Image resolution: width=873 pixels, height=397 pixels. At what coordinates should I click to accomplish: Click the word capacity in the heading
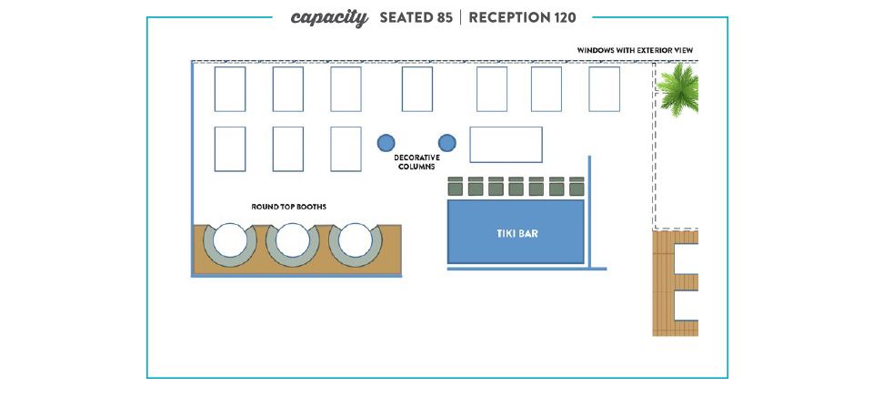pyautogui.click(x=329, y=18)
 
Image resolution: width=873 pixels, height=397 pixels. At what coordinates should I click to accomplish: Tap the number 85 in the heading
pyautogui.click(x=444, y=18)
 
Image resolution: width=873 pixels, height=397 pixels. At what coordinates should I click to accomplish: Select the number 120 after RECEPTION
pyautogui.click(x=565, y=18)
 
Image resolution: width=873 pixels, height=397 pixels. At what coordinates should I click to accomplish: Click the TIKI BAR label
pyautogui.click(x=517, y=233)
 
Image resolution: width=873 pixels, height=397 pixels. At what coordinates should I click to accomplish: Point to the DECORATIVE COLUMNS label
pyautogui.click(x=416, y=162)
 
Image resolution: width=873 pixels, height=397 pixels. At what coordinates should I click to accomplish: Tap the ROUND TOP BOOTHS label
pyautogui.click(x=288, y=207)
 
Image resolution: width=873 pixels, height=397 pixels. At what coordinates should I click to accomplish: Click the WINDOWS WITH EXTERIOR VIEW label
pyautogui.click(x=635, y=50)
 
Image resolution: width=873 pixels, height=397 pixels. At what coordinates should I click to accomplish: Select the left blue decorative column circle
pyautogui.click(x=386, y=143)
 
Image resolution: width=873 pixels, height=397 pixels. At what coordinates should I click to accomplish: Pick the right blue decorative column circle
pyautogui.click(x=447, y=143)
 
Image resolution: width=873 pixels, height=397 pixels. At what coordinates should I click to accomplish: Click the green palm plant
pyautogui.click(x=678, y=89)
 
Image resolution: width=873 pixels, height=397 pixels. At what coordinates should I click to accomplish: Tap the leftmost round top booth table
pyautogui.click(x=230, y=239)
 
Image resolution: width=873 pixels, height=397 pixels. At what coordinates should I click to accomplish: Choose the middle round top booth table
pyautogui.click(x=293, y=239)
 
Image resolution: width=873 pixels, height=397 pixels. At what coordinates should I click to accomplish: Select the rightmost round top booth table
pyautogui.click(x=356, y=239)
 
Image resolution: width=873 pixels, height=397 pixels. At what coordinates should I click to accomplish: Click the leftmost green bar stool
pyautogui.click(x=456, y=187)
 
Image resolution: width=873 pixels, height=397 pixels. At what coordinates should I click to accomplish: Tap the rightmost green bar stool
pyautogui.click(x=577, y=187)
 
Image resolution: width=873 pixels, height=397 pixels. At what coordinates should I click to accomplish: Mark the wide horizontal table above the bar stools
pyautogui.click(x=507, y=145)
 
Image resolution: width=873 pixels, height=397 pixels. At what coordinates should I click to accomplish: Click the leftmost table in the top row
pyautogui.click(x=230, y=89)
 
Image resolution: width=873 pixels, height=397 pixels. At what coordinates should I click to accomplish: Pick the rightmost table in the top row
pyautogui.click(x=604, y=89)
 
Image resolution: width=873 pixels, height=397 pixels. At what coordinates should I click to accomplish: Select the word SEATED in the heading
pyautogui.click(x=406, y=18)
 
